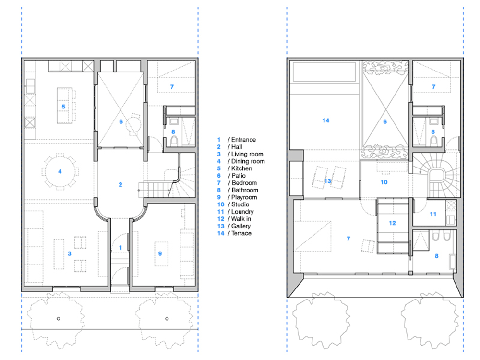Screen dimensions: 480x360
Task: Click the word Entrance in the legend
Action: [243, 140]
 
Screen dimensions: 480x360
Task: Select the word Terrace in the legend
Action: [241, 233]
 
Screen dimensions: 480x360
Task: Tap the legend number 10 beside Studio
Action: [221, 204]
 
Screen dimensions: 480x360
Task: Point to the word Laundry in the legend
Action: [242, 212]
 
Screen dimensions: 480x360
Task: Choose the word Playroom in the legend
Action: [244, 197]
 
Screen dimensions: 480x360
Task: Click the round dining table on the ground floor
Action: [60, 171]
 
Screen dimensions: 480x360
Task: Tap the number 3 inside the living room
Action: [70, 253]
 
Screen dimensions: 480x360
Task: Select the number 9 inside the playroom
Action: [160, 253]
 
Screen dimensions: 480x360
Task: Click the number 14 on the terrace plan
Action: [326, 120]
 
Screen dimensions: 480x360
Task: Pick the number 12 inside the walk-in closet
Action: [393, 223]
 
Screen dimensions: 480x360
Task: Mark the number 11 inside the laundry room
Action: [433, 214]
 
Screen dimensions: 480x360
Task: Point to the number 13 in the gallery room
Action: [327, 181]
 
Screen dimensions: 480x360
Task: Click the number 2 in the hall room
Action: [120, 185]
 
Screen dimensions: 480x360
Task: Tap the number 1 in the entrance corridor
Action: [120, 247]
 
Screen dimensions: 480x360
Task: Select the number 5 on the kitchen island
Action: [63, 107]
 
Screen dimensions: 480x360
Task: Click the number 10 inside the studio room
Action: [384, 182]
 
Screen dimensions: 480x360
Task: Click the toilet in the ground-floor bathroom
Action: [174, 141]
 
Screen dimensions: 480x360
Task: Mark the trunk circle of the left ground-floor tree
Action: [59, 319]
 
